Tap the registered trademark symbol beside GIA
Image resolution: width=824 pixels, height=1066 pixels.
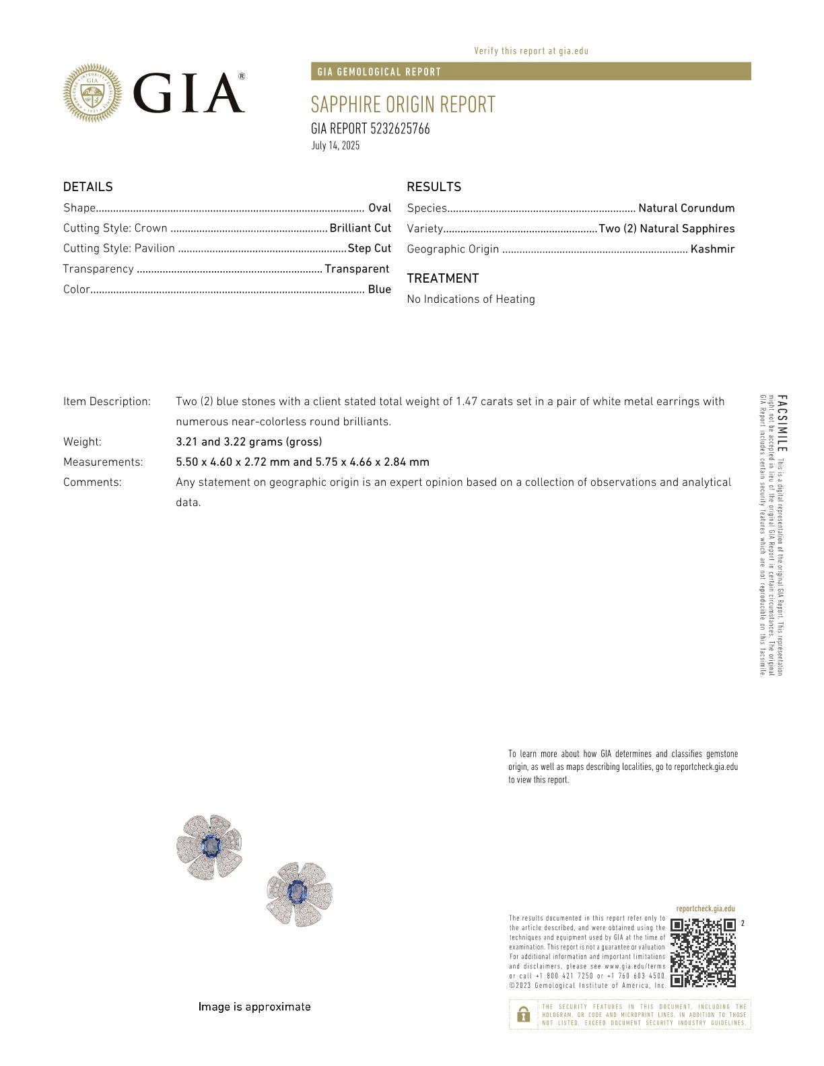click(x=242, y=77)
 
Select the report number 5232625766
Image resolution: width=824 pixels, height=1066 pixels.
click(x=400, y=129)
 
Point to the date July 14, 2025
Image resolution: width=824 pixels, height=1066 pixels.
click(x=335, y=145)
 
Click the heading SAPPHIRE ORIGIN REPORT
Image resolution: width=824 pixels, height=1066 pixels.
click(x=403, y=105)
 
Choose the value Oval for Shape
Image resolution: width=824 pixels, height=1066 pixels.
click(x=380, y=208)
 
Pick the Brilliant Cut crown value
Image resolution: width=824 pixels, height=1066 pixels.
click(x=360, y=228)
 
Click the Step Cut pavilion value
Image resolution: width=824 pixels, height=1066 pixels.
click(x=369, y=248)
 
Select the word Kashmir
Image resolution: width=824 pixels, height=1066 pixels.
click(x=712, y=249)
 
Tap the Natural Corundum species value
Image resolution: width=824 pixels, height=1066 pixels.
click(x=686, y=209)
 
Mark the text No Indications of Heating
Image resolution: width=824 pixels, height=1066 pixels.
click(x=471, y=299)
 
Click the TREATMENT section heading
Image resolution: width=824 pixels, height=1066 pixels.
click(x=442, y=279)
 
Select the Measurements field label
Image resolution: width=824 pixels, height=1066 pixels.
click(x=103, y=462)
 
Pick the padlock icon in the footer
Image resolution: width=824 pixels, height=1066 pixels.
click(x=523, y=1014)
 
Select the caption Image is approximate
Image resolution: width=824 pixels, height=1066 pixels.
click(x=254, y=1007)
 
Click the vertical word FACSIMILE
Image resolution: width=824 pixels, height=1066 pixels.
click(x=782, y=423)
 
